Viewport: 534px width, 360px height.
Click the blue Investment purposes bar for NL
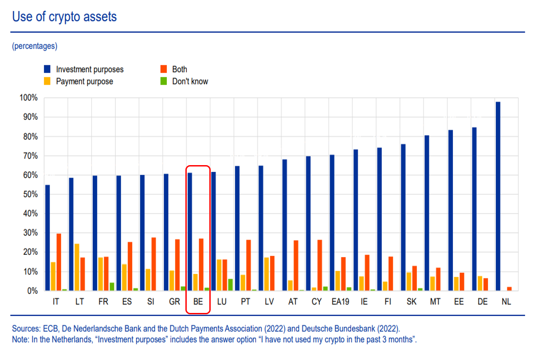(498, 196)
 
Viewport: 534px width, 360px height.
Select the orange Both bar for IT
(59, 262)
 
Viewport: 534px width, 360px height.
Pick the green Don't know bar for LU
(230, 285)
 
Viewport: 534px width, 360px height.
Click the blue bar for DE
(474, 209)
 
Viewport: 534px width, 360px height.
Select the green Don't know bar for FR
(112, 286)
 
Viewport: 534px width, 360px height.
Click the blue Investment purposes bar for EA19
(332, 223)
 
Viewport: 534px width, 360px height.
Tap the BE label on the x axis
(198, 302)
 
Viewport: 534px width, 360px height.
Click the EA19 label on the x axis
(340, 302)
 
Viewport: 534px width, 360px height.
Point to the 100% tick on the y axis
(29, 98)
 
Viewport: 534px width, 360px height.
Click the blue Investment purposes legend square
(47, 69)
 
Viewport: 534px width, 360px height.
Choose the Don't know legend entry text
(190, 81)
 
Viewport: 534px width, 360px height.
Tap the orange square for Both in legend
(163, 69)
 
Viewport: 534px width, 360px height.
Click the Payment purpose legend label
(84, 81)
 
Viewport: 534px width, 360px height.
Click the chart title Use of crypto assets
(64, 17)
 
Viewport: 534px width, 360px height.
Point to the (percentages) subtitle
(35, 46)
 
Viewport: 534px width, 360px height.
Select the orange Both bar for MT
(438, 279)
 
